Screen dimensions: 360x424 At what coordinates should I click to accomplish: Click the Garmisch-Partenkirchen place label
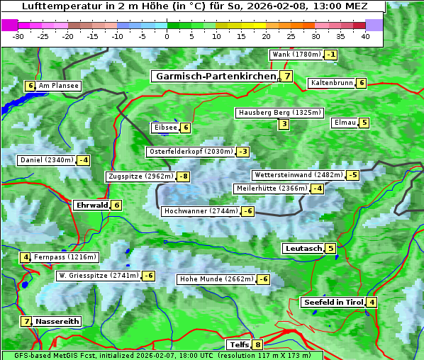coord(216,76)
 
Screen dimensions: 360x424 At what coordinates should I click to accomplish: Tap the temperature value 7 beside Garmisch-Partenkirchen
coord(286,77)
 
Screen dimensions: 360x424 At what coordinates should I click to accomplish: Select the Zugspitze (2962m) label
coord(140,176)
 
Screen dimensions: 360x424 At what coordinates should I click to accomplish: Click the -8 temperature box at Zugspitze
coord(184,176)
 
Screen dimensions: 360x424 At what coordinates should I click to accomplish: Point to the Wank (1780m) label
coord(296,55)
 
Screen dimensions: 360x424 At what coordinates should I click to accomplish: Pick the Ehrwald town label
coord(91,205)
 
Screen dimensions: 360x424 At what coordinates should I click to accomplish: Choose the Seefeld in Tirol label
coord(333,303)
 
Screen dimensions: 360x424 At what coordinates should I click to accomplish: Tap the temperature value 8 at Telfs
coord(257,345)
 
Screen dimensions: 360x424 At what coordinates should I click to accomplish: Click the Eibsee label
coord(164,128)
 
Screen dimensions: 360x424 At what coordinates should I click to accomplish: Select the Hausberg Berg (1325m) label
coord(280,113)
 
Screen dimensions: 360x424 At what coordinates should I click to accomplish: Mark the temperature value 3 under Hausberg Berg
coord(284,125)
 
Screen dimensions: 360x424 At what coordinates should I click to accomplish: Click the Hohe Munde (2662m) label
coord(216,279)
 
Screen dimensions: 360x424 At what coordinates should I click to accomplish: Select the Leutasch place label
coord(303,249)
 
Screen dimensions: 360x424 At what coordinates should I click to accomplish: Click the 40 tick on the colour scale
coord(365,35)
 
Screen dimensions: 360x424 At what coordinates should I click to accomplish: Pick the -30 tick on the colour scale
coord(18,35)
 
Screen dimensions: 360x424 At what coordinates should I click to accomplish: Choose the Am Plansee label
coord(59,86)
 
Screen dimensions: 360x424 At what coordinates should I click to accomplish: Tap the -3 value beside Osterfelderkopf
coord(243,152)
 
